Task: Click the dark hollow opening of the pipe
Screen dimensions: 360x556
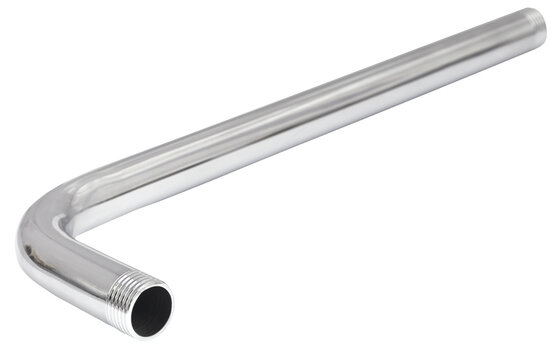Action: (151, 311)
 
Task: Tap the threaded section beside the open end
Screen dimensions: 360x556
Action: (128, 297)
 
